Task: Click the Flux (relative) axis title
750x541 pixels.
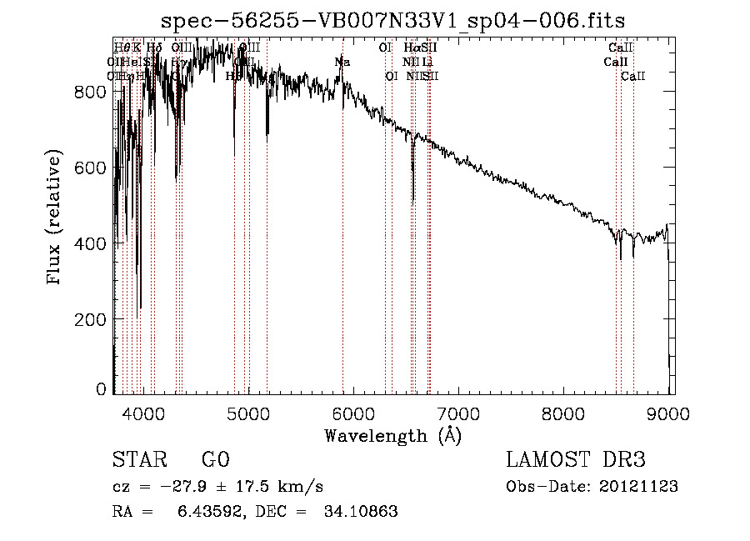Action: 56,218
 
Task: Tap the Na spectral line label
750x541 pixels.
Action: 342,62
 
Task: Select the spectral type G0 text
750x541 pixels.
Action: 215,461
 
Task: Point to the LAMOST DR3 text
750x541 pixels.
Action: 576,461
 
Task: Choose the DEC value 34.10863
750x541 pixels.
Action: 360,512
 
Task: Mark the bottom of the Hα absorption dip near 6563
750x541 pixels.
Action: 413,200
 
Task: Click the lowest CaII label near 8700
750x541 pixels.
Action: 634,77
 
